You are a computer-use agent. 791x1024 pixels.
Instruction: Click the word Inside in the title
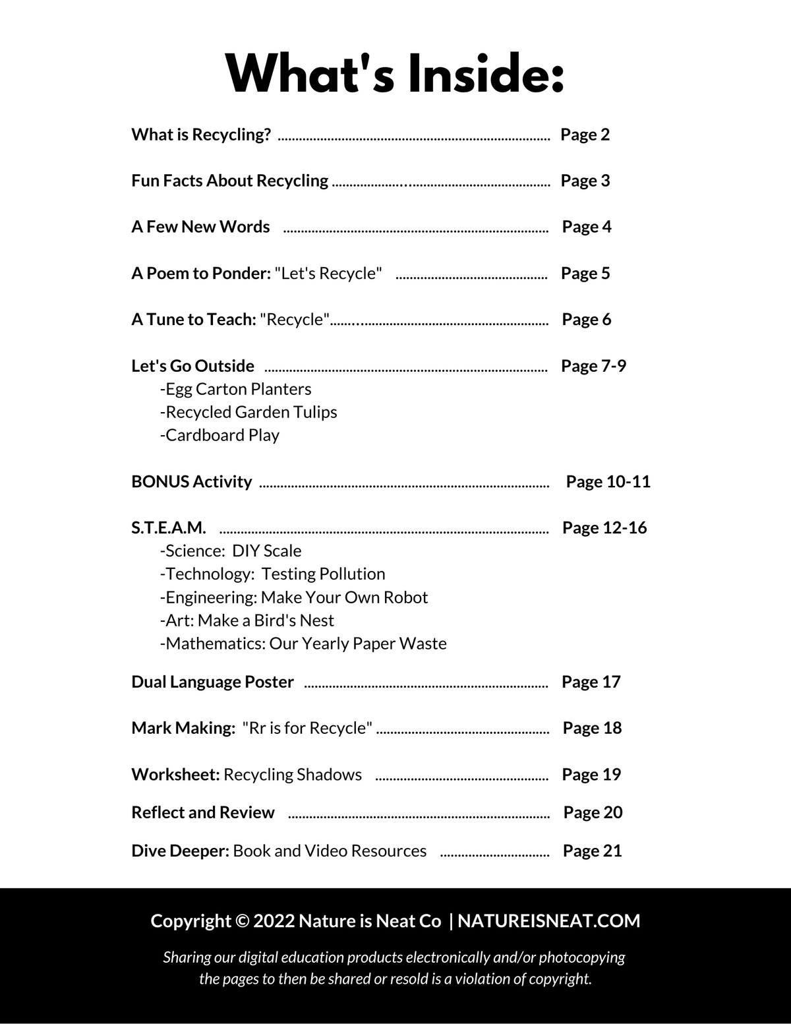[x=486, y=74]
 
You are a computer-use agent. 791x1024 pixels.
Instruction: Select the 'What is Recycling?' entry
[x=201, y=135]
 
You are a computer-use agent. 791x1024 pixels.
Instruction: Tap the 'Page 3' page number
[x=585, y=181]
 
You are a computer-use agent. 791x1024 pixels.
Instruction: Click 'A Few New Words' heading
[x=200, y=227]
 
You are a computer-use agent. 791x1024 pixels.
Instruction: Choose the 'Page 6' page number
[x=586, y=320]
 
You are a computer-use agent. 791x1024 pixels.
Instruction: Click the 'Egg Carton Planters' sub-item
[x=235, y=389]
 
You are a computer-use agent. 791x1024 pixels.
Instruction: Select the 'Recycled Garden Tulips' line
[x=249, y=412]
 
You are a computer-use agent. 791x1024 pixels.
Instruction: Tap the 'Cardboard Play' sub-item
[x=220, y=435]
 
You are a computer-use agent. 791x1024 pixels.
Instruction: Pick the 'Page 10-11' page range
[x=608, y=482]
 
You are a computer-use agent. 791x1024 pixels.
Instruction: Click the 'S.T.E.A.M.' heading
[x=169, y=528]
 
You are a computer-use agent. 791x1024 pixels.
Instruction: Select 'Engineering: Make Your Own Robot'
[x=294, y=597]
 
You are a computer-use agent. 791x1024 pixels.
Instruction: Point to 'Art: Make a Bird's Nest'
[x=247, y=620]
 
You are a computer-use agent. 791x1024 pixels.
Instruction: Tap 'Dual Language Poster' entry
[x=212, y=682]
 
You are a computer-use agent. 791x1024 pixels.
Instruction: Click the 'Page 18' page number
[x=592, y=728]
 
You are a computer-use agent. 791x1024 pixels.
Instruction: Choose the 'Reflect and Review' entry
[x=203, y=812]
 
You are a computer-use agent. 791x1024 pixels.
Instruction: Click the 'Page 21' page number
[x=592, y=851]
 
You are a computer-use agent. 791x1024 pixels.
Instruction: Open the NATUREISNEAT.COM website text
[x=548, y=921]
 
